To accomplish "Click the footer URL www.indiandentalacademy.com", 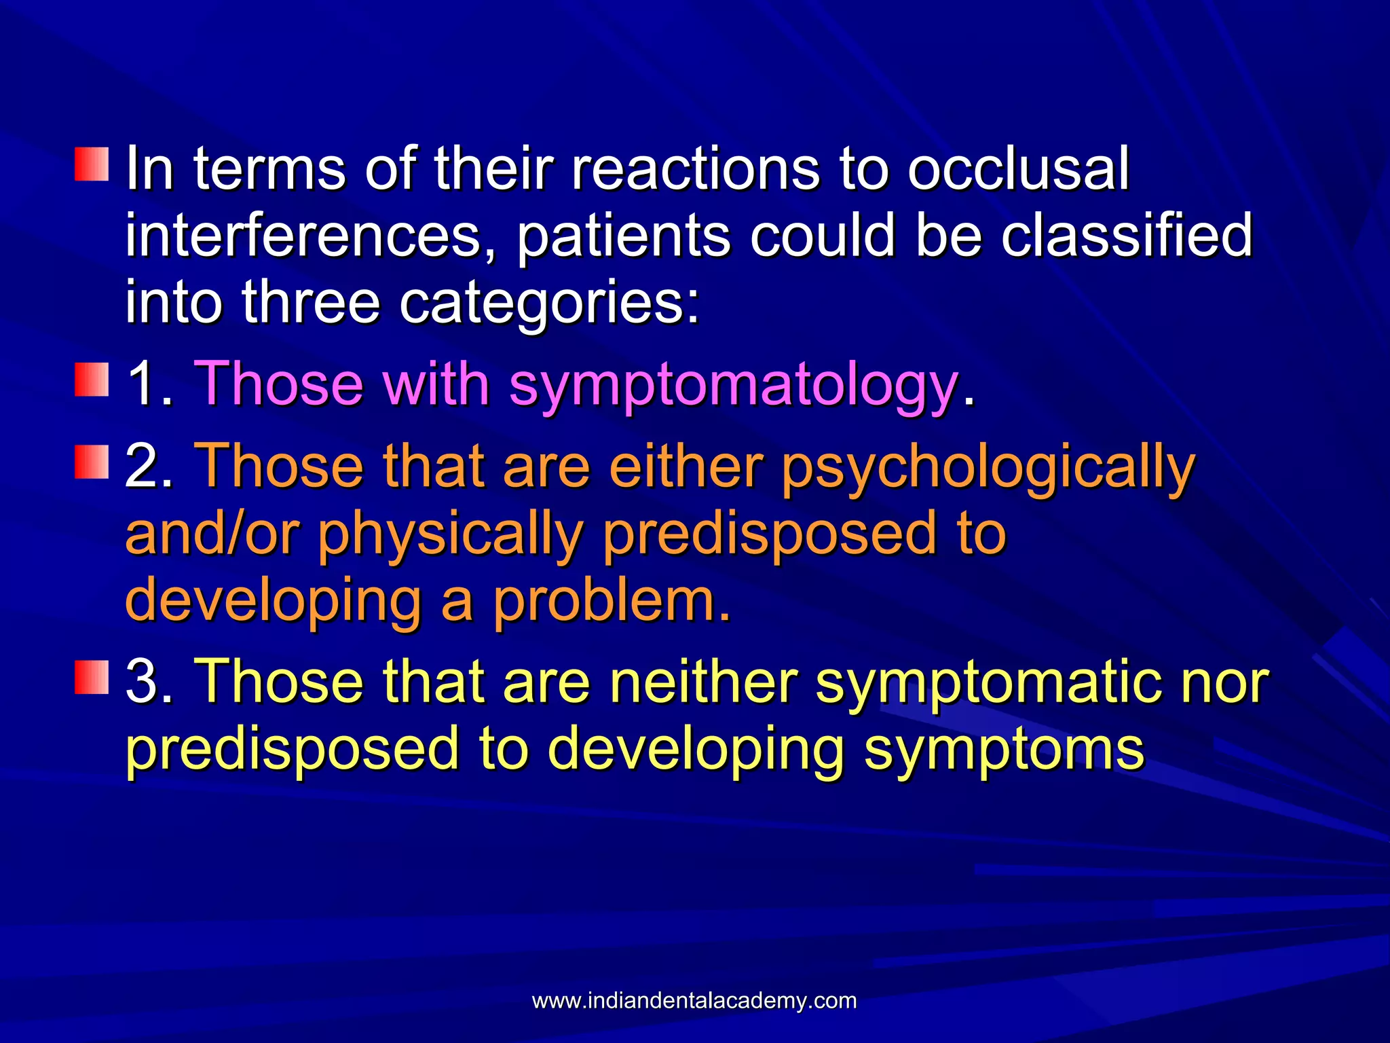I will pos(694,1000).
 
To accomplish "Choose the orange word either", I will pos(685,467).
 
